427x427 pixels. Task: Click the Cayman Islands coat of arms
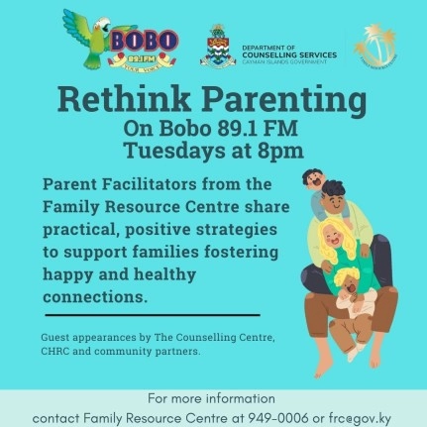(218, 46)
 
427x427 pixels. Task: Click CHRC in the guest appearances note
(58, 351)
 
